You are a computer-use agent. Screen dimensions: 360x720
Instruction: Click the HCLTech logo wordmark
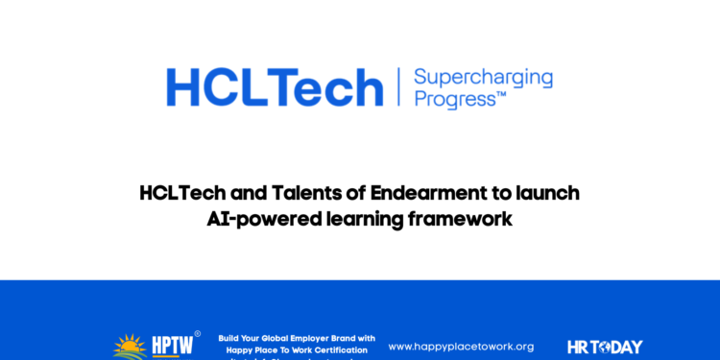(275, 87)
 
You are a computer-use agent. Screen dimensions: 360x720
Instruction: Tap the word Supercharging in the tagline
(482, 77)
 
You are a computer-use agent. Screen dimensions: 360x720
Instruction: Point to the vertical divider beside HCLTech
(397, 87)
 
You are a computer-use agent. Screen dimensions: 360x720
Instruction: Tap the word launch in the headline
(549, 194)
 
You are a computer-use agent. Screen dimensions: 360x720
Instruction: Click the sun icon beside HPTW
(130, 348)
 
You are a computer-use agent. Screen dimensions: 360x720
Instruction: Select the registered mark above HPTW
(197, 334)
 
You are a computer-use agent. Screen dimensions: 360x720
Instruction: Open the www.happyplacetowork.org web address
(461, 347)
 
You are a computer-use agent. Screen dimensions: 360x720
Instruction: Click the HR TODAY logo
(605, 347)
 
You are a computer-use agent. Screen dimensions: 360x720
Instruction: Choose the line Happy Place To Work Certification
(297, 350)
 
